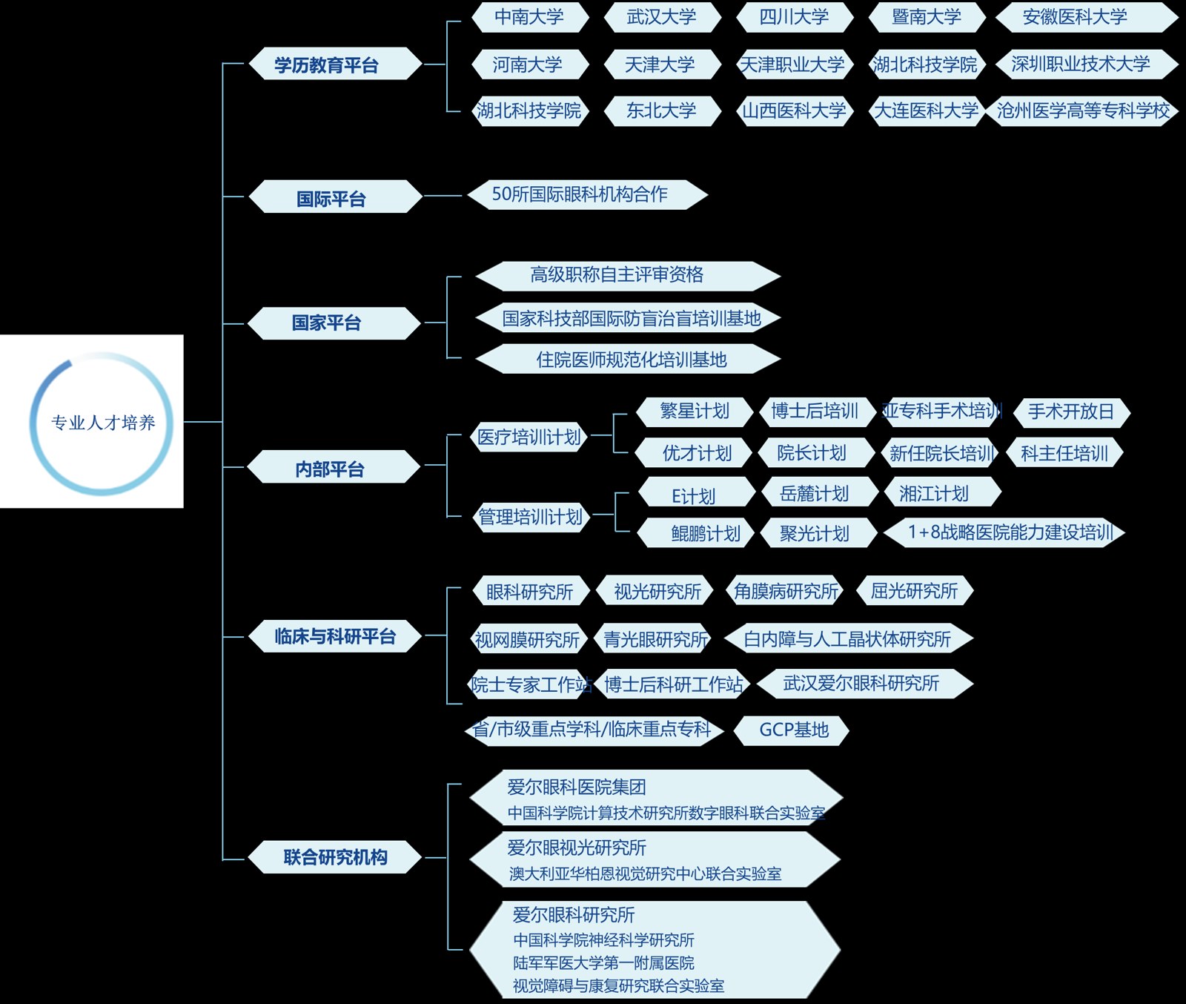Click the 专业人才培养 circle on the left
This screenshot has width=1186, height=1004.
(x=102, y=423)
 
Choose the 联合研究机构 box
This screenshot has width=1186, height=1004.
(x=334, y=857)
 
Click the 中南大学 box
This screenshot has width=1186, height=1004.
(x=529, y=17)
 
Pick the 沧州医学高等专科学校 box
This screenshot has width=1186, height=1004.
(x=1082, y=111)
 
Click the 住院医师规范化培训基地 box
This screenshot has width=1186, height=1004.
(x=630, y=360)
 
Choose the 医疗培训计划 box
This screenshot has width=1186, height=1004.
(x=529, y=437)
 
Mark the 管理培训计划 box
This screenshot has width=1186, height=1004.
(x=530, y=517)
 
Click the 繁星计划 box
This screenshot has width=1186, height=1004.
(x=695, y=411)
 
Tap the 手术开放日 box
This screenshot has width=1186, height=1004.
(x=1070, y=412)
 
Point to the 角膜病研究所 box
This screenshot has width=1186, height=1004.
(x=786, y=591)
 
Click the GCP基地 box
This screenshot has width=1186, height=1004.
(x=793, y=730)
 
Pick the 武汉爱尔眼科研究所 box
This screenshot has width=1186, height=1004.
(x=861, y=683)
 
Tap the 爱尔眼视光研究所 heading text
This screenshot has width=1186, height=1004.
(x=577, y=847)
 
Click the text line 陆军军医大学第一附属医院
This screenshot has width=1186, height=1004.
(x=603, y=962)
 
